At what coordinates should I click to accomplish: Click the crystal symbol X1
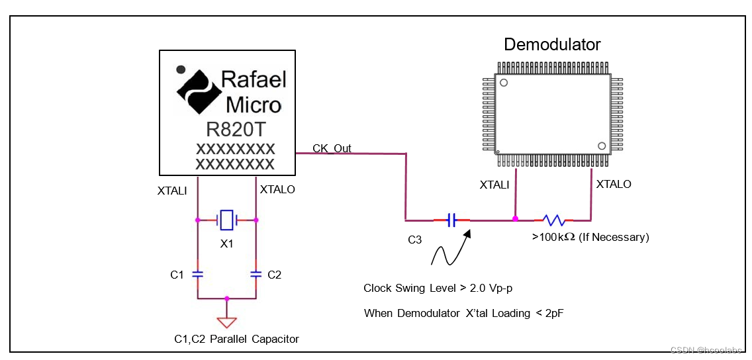(227, 219)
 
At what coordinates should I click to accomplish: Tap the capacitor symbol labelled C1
(197, 273)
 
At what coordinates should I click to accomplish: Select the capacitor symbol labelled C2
(256, 273)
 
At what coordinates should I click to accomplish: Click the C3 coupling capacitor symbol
(451, 220)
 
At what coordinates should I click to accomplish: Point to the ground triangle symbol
(227, 322)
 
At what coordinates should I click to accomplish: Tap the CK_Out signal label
(332, 148)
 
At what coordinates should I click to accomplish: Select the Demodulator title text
(552, 45)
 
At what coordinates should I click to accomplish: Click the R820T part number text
(235, 128)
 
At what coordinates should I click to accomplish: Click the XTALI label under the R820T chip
(172, 191)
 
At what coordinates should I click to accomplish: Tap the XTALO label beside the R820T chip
(277, 190)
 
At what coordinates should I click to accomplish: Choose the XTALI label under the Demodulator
(494, 185)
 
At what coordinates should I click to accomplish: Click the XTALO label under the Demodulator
(614, 184)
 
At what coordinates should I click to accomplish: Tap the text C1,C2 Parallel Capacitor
(236, 339)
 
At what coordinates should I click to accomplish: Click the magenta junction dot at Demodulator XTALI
(515, 218)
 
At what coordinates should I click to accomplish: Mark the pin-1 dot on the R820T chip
(179, 68)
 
